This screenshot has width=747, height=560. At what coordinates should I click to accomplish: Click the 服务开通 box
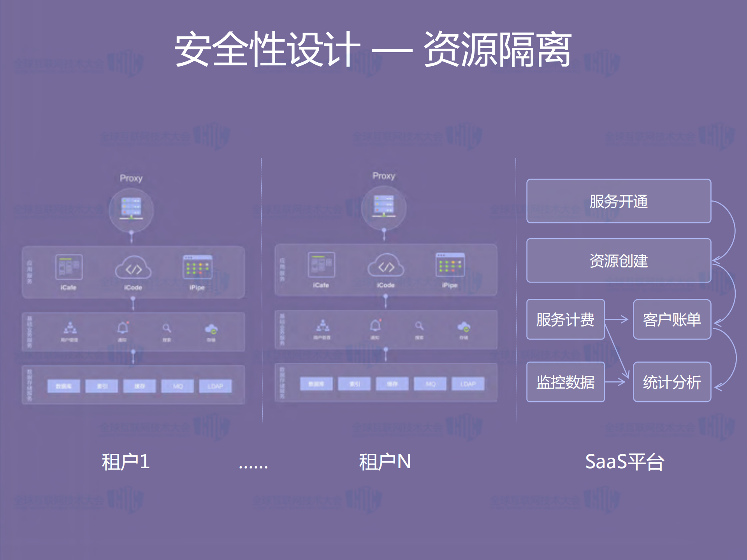point(619,201)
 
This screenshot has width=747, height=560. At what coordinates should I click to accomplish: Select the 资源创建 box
point(619,260)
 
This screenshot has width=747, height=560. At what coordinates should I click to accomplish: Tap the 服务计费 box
point(565,319)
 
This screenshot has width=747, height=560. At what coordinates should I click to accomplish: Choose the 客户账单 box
point(672,319)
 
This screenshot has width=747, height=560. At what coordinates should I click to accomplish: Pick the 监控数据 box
point(565,382)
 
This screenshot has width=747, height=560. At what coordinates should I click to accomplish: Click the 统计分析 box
point(672,382)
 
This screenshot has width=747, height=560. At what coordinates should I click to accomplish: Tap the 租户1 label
point(125,462)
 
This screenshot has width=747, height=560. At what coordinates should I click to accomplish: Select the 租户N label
point(385,462)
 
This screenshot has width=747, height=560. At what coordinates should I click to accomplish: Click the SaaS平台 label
point(624,462)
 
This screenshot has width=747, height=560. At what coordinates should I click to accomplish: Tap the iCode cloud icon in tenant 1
point(133,268)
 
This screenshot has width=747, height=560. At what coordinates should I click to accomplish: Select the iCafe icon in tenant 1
point(69,267)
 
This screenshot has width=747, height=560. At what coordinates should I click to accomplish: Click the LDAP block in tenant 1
point(215,386)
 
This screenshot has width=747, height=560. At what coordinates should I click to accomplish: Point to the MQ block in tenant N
point(431,384)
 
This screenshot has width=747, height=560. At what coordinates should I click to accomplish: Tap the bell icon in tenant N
point(375,325)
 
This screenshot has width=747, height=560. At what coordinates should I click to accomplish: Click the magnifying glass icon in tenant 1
point(167,328)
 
